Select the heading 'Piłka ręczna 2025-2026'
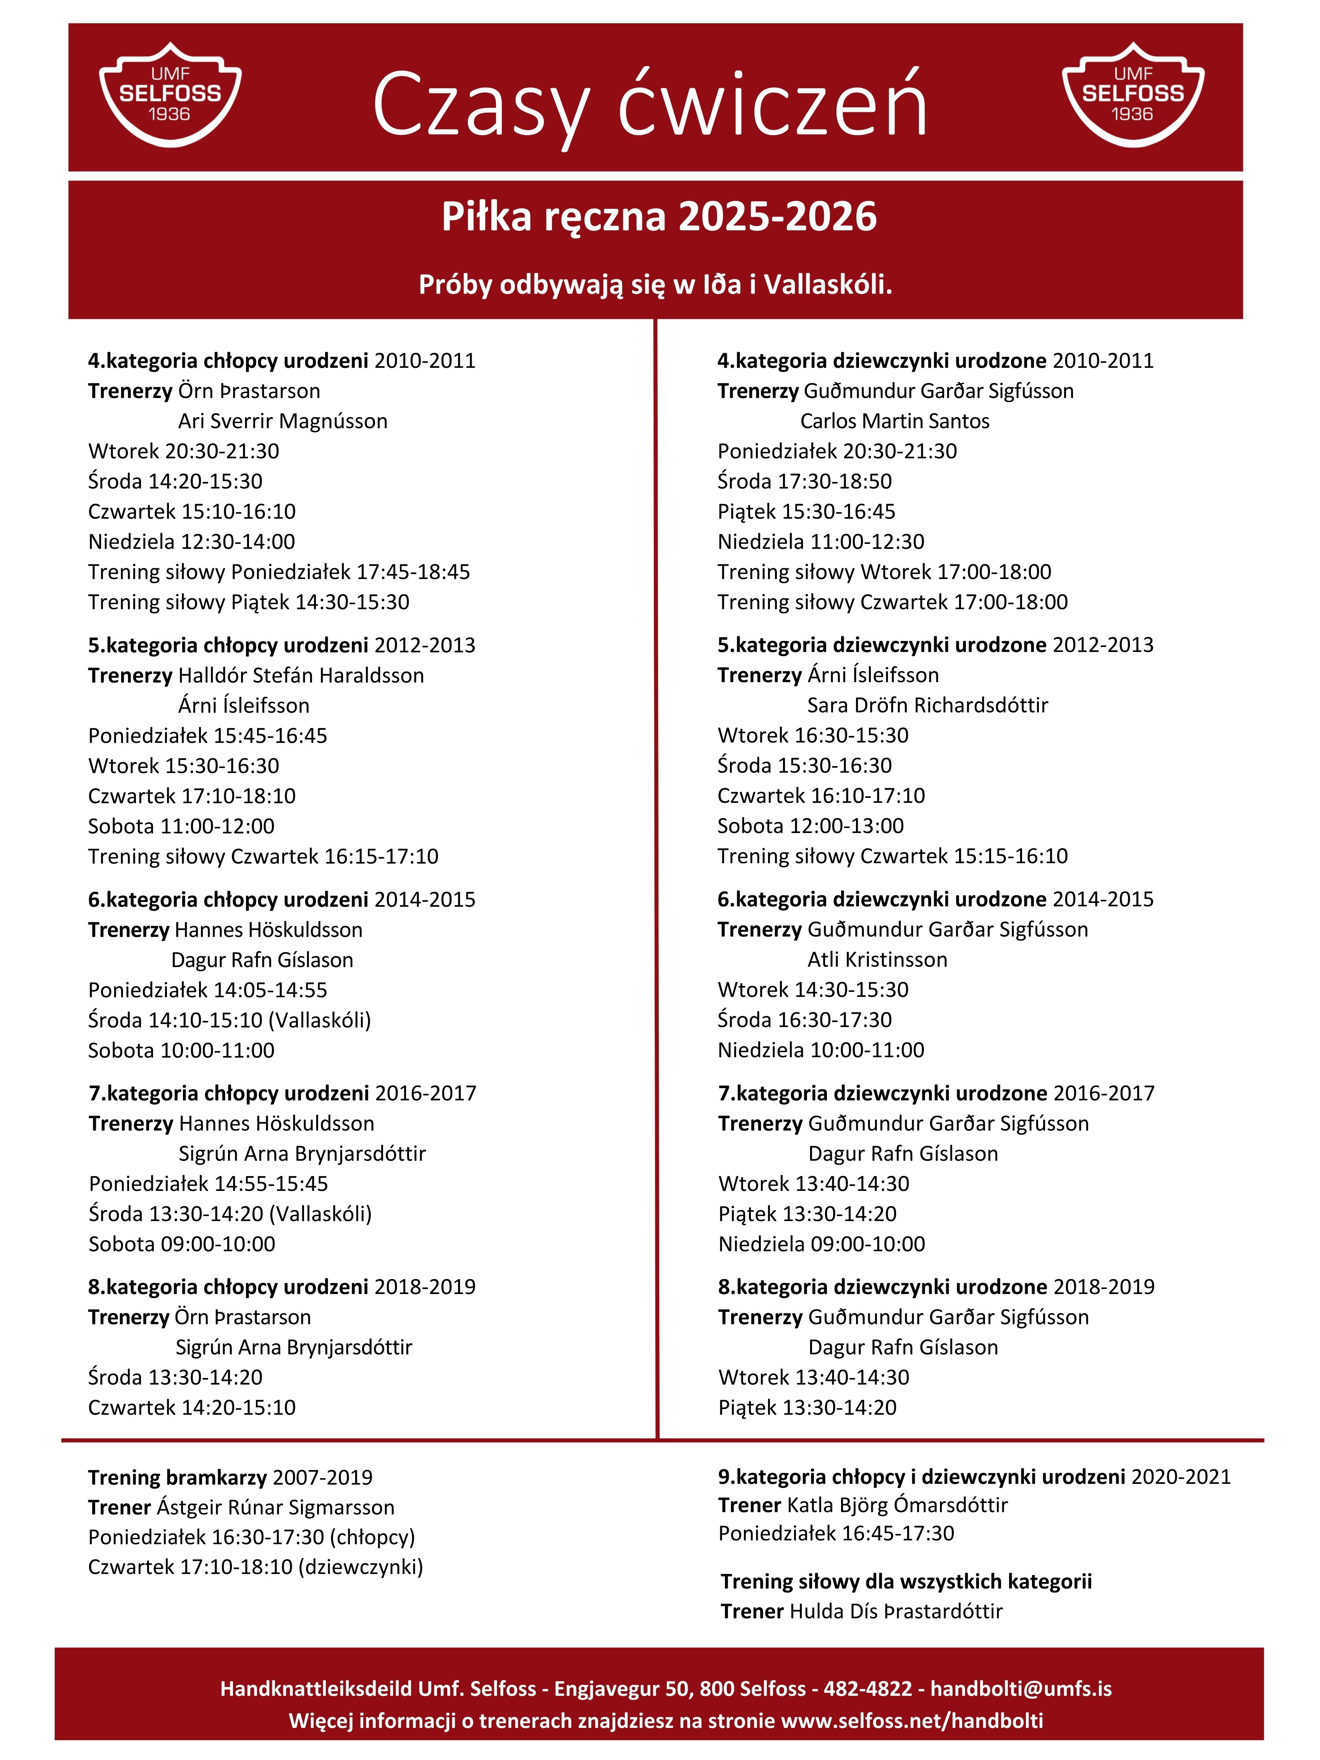(x=659, y=217)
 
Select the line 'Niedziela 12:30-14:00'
(x=191, y=542)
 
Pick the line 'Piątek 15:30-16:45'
(x=806, y=511)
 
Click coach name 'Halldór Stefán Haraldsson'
(x=301, y=676)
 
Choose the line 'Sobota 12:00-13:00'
(x=810, y=826)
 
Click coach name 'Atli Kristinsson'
(x=877, y=959)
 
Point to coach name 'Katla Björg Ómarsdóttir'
(x=897, y=1505)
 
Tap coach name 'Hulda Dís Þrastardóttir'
(x=895, y=1611)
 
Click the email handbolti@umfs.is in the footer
(x=1021, y=1689)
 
